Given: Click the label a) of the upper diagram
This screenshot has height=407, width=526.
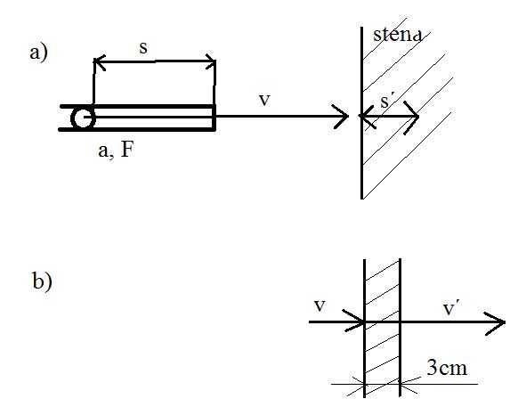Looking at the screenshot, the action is point(39,53).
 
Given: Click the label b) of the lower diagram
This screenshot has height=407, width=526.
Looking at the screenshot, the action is point(42,281).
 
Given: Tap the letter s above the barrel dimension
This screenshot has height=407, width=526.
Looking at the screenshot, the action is point(143,48).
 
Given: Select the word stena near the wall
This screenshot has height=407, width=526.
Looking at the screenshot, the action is point(397,34).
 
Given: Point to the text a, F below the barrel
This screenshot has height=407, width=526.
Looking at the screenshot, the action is point(116,150).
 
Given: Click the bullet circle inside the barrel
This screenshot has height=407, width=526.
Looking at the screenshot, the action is point(83,118).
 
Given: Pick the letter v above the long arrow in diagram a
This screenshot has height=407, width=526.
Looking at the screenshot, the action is point(264,100).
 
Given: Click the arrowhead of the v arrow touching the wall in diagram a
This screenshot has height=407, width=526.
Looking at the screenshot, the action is point(342,117).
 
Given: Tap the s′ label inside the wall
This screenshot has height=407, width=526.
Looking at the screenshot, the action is point(386,102).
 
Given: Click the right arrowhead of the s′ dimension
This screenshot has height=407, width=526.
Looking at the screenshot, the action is point(412,117).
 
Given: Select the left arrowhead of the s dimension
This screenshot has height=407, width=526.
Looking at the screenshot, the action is point(100,62).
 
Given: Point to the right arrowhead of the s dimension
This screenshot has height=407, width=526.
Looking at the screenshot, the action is point(210,61).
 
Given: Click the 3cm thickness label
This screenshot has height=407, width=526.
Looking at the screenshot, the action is point(447,368).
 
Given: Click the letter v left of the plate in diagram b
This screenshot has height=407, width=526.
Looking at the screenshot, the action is point(320,305).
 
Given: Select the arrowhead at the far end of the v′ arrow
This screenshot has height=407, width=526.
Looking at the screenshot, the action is point(495,323).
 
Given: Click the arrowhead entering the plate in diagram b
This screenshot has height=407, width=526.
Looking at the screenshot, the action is point(355,321).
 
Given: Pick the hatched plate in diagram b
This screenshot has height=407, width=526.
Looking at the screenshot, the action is point(383,328).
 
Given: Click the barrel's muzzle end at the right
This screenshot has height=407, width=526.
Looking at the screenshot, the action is point(214,117).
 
